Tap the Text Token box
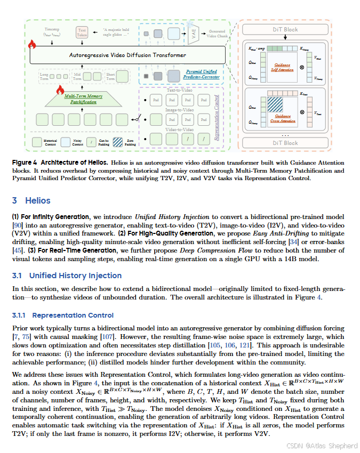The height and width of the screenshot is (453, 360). click(82, 33)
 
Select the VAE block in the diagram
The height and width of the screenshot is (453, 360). click(195, 34)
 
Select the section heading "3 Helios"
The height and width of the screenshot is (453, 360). click(31, 200)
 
